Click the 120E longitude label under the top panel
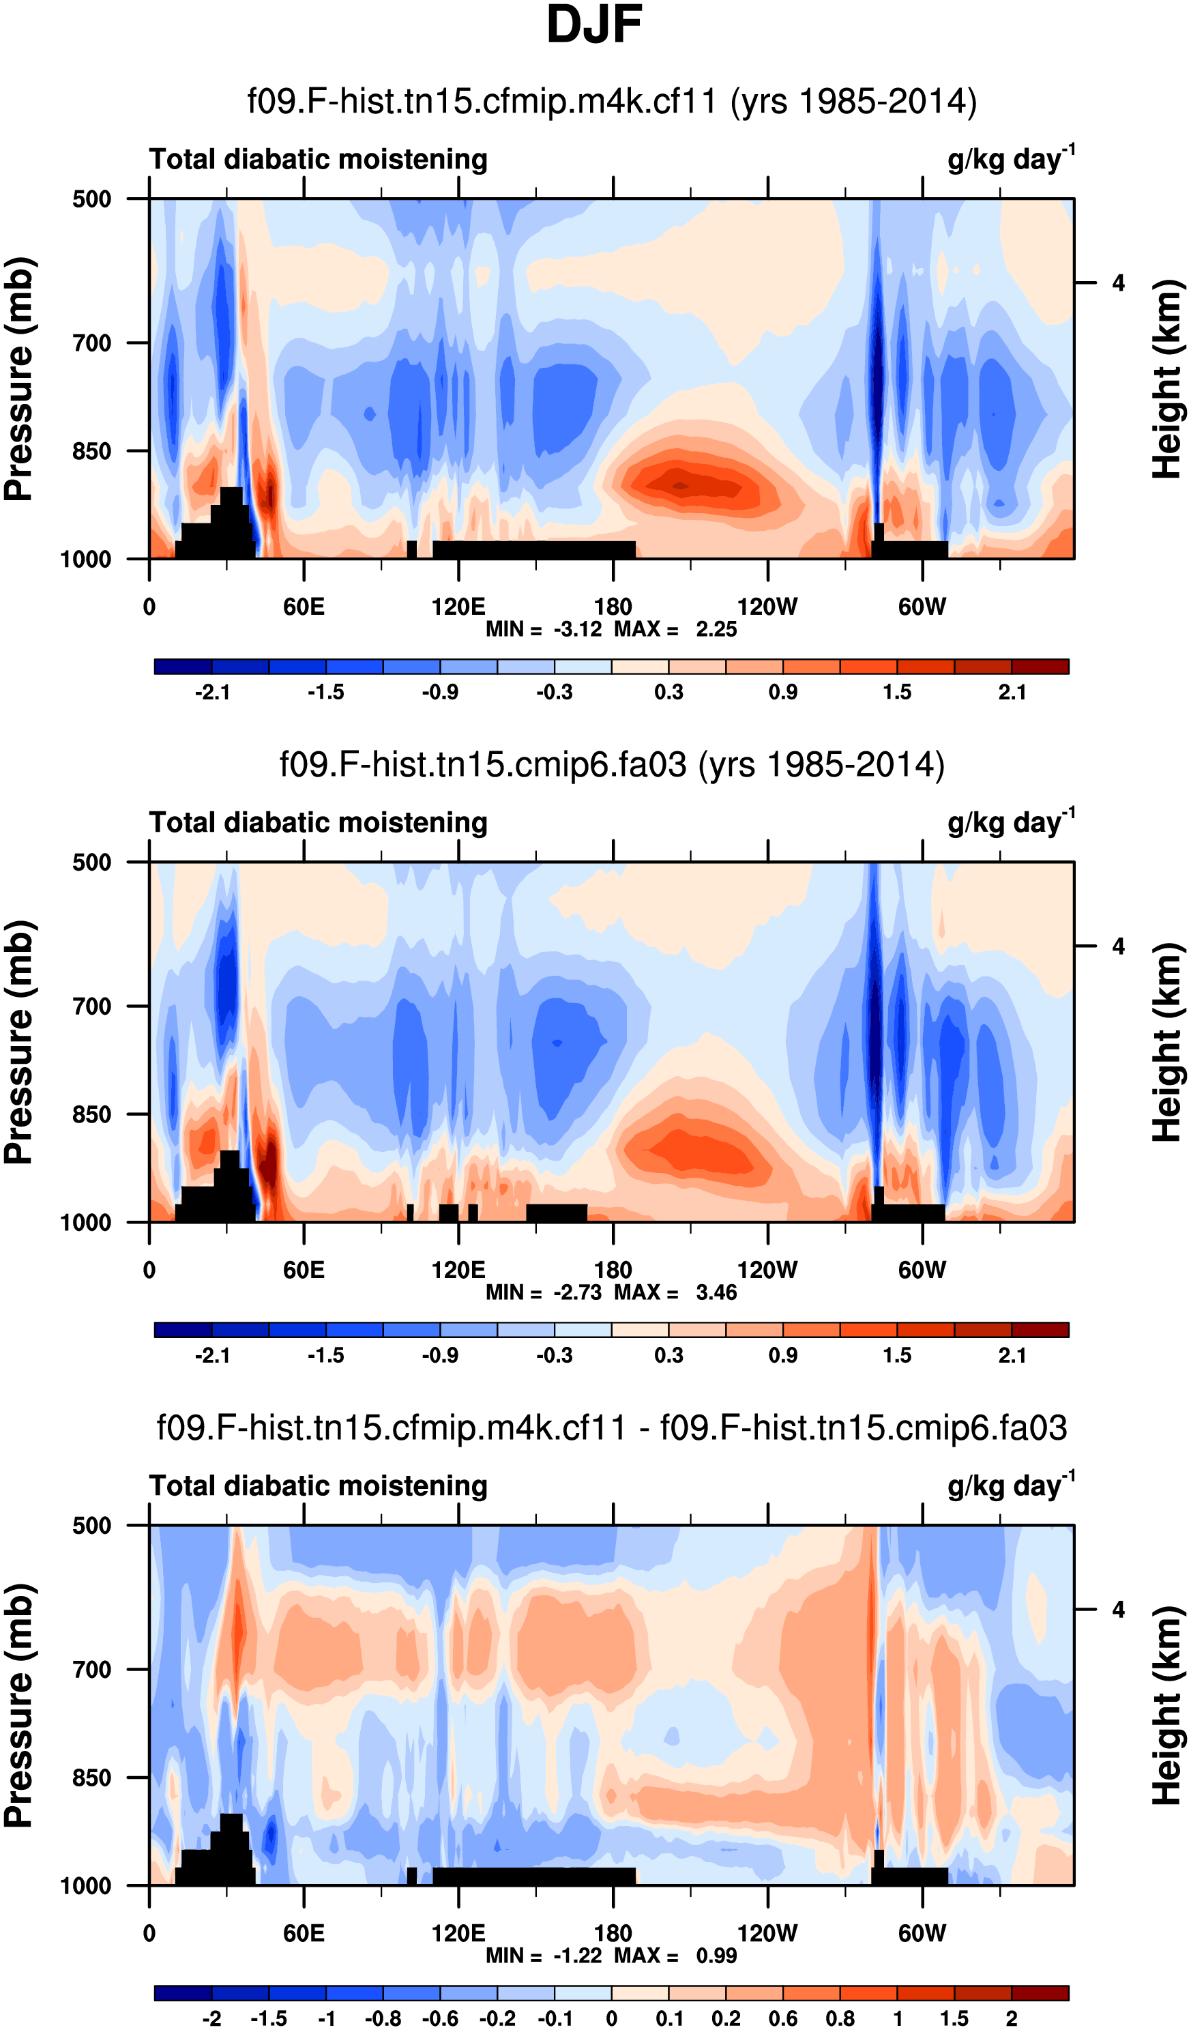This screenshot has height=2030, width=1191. click(458, 607)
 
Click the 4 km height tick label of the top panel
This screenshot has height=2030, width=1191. click(1118, 284)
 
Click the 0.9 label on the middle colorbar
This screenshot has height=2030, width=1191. click(782, 1355)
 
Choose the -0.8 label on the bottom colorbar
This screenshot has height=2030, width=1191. click(383, 2018)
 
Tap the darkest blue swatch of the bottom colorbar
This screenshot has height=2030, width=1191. click(183, 1993)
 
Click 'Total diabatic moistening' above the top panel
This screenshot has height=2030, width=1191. click(318, 160)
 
